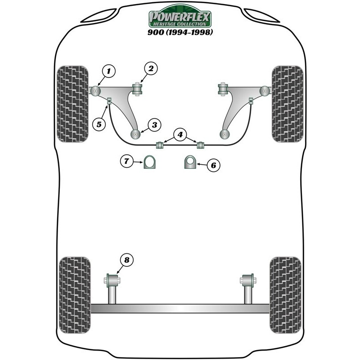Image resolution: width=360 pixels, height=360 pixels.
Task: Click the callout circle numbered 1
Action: pos(108,71)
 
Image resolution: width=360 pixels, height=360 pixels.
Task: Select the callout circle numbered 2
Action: pos(150,68)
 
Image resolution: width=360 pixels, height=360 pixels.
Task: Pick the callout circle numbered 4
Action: pos(180,134)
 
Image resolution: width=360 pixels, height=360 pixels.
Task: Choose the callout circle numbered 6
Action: pos(213,166)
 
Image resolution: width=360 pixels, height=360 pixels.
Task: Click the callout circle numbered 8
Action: pos(126,260)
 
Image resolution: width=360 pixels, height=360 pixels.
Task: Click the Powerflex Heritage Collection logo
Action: pos(180,18)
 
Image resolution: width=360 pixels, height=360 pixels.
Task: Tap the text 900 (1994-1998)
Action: pos(180,32)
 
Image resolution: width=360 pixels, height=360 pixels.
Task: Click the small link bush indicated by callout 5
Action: pos(109,105)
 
